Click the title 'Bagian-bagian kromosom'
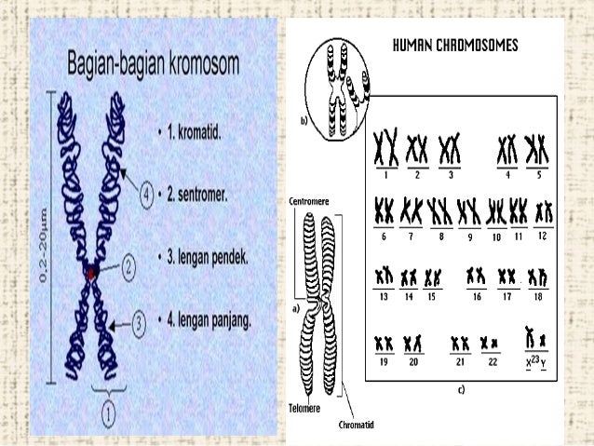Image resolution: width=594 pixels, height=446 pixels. click(152, 65)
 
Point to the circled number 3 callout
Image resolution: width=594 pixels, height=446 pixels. click(138, 323)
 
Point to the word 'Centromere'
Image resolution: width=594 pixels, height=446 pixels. click(308, 201)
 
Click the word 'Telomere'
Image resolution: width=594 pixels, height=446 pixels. click(304, 409)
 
